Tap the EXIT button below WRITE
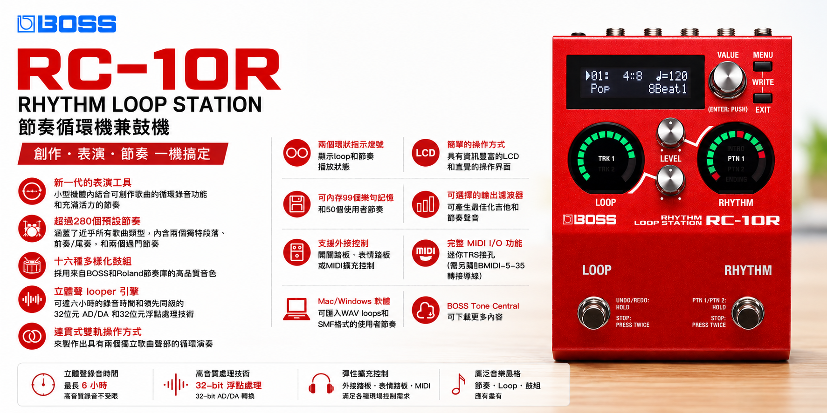[763, 98]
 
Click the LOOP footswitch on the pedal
[594, 312]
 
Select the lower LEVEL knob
[670, 180]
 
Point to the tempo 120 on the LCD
[672, 75]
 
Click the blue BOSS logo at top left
[67, 24]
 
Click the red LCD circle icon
[426, 153]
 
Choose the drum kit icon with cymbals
[32, 228]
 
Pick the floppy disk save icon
[297, 204]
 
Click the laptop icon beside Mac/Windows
[296, 309]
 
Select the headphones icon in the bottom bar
[321, 385]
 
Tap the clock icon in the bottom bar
[43, 385]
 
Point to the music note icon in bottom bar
[459, 384]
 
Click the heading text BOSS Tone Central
[483, 306]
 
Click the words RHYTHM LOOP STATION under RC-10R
[140, 104]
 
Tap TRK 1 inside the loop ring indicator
[606, 158]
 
